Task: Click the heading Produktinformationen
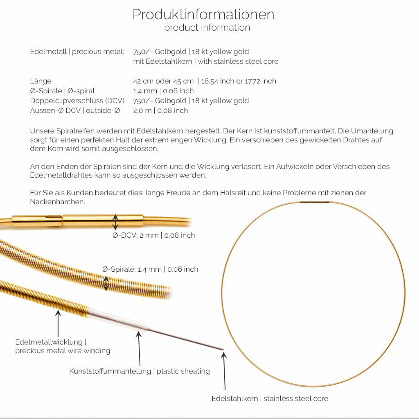point(203,14)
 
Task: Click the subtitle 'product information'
point(207,28)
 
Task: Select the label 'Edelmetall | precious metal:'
point(77,52)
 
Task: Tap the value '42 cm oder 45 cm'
point(163,81)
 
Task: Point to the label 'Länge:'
point(41,81)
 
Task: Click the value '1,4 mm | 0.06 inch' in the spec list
point(163,91)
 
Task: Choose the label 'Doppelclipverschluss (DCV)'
point(77,101)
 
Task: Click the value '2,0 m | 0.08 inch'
point(160,110)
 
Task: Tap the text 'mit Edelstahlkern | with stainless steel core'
point(206,61)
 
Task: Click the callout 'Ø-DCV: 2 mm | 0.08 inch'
point(154,235)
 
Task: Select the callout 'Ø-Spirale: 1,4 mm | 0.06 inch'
point(150,269)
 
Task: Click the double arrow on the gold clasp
point(115,221)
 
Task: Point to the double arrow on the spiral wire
point(106,283)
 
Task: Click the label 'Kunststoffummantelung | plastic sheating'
point(140,371)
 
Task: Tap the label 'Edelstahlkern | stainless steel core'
point(270,398)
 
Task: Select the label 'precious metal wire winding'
point(63,351)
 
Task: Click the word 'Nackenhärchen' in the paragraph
point(57,202)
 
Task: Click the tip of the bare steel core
point(222,349)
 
